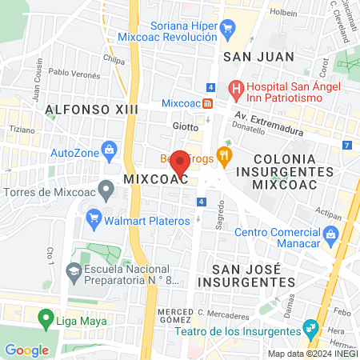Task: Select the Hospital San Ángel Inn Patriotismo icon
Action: (x=234, y=87)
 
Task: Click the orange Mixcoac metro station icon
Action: (x=207, y=103)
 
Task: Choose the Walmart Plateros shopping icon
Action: (x=94, y=216)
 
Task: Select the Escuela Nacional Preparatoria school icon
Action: (x=74, y=270)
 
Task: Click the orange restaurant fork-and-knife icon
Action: (x=226, y=154)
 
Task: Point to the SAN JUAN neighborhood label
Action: (x=258, y=57)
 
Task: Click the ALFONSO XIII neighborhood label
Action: (x=87, y=108)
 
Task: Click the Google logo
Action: (x=26, y=350)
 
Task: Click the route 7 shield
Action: (x=346, y=145)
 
